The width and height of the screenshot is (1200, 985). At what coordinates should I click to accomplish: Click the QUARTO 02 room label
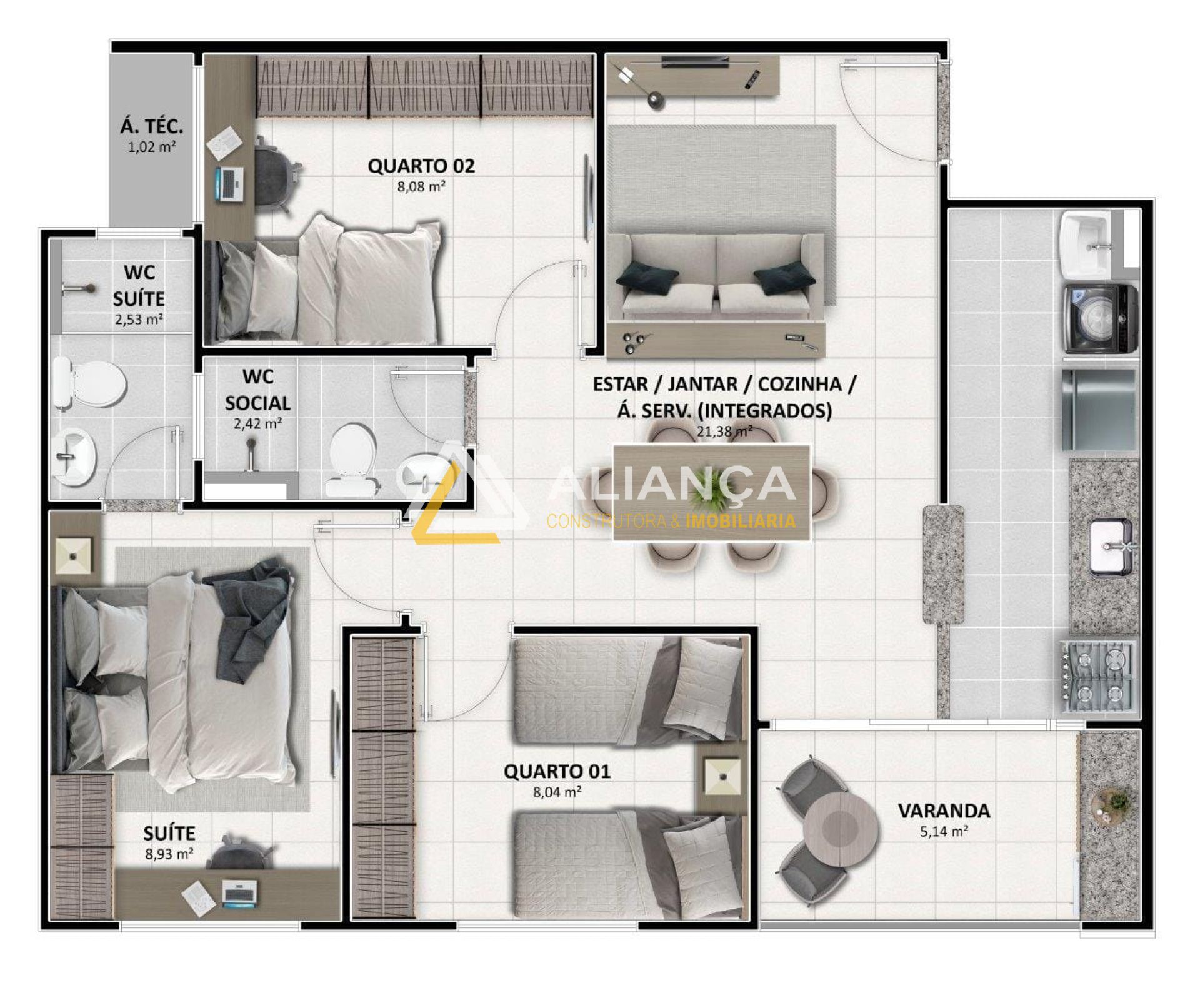point(421,166)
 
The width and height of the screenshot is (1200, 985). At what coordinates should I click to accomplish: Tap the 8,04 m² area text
point(557,792)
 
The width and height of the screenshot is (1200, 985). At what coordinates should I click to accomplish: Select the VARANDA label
point(944,811)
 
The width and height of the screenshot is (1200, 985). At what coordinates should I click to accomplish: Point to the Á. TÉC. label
point(152,126)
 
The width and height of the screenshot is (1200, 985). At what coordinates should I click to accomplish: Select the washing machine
point(1101,319)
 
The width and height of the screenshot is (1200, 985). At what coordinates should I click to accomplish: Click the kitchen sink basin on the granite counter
point(1111,547)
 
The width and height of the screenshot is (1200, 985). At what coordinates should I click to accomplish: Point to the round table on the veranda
point(841,829)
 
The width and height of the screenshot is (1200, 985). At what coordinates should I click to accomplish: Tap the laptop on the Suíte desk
point(239,893)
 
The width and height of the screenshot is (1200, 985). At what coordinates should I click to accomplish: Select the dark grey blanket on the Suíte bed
point(250,616)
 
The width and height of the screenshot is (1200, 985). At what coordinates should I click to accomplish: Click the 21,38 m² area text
point(724,431)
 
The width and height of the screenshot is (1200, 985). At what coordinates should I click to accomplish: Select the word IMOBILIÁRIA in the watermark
point(741,520)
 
